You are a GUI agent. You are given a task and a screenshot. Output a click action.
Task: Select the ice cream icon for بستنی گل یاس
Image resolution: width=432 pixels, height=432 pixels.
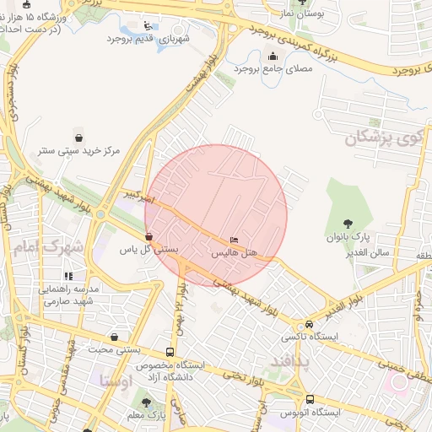tap(149, 237)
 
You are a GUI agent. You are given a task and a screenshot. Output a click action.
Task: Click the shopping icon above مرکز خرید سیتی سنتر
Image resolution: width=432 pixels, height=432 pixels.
tap(78, 137)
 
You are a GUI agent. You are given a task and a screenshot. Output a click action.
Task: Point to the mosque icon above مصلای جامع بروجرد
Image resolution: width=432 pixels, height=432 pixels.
tap(273, 57)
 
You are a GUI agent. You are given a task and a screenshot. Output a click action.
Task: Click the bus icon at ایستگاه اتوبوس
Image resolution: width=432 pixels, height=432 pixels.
tap(310, 399)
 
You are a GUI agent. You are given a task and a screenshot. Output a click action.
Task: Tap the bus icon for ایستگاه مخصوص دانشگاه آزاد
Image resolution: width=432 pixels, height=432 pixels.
tap(170, 352)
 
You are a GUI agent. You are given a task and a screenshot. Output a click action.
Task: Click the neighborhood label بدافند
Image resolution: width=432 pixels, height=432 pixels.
tap(291, 362)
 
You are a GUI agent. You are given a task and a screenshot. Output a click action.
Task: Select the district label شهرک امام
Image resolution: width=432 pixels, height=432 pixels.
tap(48, 248)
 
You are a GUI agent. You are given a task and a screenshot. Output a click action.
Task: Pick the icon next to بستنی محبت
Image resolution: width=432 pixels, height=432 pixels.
tap(114, 337)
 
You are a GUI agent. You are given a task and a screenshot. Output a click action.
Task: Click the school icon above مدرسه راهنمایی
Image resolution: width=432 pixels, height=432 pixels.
tap(67, 276)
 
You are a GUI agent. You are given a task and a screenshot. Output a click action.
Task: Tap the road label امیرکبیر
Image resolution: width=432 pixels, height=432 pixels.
tap(137, 197)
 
